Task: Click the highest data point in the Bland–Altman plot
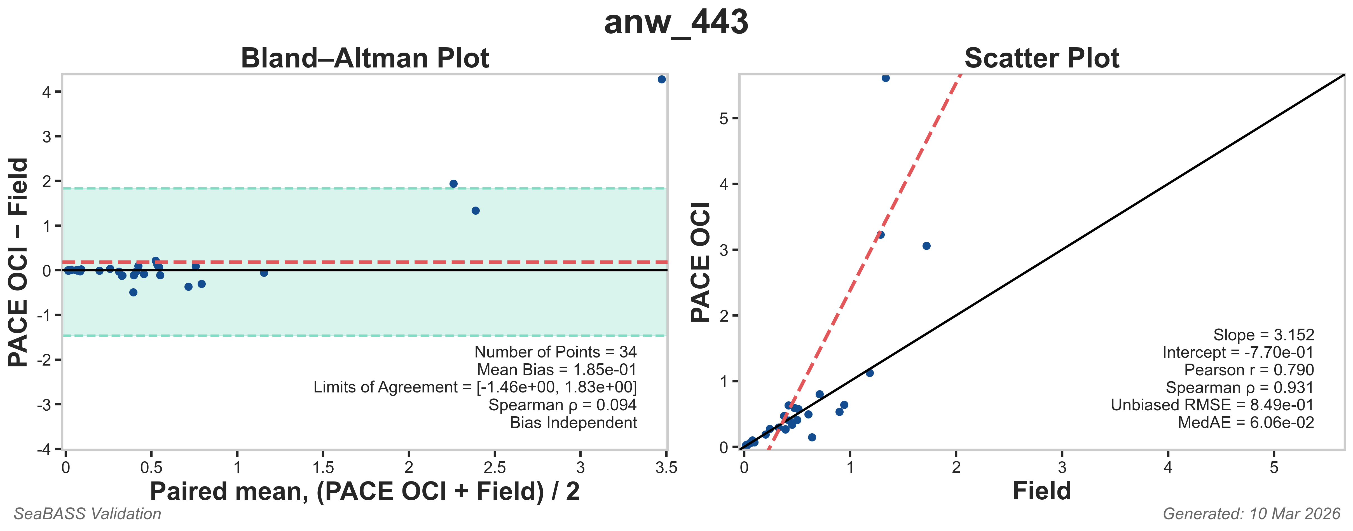tap(661, 79)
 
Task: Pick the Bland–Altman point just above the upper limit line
tap(453, 184)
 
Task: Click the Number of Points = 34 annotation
tap(555, 352)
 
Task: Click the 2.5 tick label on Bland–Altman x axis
tap(494, 467)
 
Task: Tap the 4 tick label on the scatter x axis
tap(1168, 467)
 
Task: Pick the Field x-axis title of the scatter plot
tap(1041, 491)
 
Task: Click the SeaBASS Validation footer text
tap(87, 514)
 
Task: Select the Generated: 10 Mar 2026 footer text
tap(1252, 514)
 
